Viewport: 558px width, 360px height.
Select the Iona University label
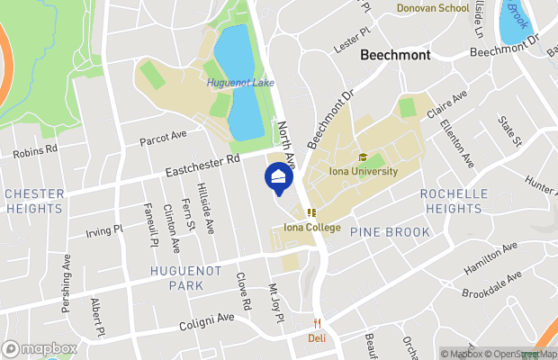point(363,172)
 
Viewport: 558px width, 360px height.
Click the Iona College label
point(311,228)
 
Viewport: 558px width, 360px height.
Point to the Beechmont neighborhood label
point(394,55)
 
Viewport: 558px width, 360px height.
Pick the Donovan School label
point(433,8)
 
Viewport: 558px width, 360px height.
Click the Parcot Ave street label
point(163,138)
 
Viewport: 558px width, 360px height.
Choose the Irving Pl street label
point(104,229)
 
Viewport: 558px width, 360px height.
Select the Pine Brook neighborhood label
point(384,231)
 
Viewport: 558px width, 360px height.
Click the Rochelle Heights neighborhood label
point(454,201)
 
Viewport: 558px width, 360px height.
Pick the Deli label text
point(316,339)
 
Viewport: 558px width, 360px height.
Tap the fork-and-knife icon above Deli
point(317,324)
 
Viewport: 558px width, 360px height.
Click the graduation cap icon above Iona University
point(363,157)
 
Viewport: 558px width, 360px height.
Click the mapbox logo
point(40,348)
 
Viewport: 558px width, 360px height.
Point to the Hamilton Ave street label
point(490,258)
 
